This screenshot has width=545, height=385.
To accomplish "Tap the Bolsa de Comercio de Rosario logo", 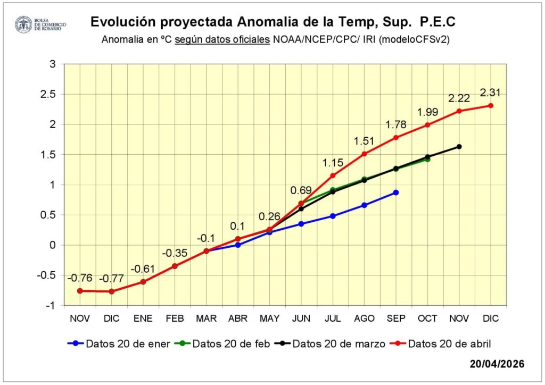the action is (40, 24).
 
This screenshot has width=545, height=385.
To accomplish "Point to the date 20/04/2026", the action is (497, 364).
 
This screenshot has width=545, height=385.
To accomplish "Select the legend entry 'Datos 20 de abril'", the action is (440, 344).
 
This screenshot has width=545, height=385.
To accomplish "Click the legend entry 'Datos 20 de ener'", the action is (119, 344).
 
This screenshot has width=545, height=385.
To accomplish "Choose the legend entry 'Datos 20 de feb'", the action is (222, 344).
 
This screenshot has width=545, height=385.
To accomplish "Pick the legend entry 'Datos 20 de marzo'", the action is (330, 344).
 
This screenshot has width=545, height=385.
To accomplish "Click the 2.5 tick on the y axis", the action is (48, 94).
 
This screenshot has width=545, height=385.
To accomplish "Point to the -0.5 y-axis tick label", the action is (46, 275).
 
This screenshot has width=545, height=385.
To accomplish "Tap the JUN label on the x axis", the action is (301, 319).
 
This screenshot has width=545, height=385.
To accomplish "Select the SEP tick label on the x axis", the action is (396, 319).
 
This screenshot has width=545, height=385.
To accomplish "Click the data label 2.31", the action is (490, 93).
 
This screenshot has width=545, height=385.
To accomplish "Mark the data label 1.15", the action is (333, 163).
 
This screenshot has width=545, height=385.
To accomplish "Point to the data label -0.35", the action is (175, 253).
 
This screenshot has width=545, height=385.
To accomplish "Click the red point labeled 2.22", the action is (459, 111).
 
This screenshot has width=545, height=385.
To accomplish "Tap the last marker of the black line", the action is (459, 147).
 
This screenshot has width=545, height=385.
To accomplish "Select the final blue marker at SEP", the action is (396, 192).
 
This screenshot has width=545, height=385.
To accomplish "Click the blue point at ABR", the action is (238, 245).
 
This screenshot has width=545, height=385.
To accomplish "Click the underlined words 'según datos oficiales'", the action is (222, 39).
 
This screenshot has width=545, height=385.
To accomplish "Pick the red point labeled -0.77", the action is (112, 291).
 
